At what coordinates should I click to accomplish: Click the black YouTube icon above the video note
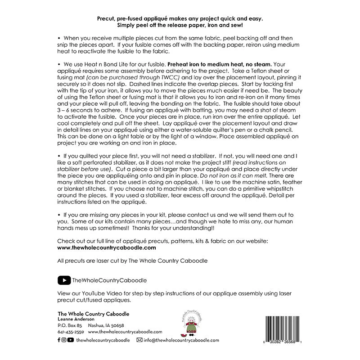(64, 280)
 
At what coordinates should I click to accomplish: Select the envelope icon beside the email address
(139, 340)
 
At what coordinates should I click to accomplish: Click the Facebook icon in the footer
(59, 340)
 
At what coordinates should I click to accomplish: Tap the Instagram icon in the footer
(64, 340)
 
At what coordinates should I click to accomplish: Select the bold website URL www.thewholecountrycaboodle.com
(107, 247)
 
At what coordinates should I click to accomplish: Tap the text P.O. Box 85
(70, 325)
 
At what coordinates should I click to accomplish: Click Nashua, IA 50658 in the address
(106, 325)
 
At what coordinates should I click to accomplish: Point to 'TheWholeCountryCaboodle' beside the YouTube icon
(109, 280)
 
